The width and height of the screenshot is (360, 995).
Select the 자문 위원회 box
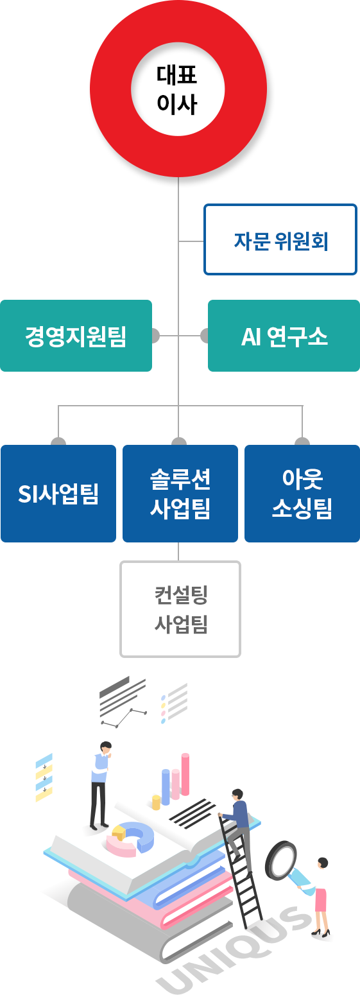click(280, 239)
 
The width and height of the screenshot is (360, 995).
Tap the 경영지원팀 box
click(76, 336)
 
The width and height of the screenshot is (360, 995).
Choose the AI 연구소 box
click(284, 336)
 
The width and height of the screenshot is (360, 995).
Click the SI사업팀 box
click(58, 494)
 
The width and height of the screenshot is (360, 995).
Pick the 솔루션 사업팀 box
click(180, 494)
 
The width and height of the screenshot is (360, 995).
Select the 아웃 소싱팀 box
click(302, 494)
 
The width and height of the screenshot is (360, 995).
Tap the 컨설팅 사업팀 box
click(180, 609)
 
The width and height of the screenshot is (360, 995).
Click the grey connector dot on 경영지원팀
click(155, 336)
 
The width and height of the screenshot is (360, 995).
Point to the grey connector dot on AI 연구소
click(205, 336)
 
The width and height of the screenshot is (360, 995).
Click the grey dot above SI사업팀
click(58, 442)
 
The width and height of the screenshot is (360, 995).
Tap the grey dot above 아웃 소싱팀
click(302, 442)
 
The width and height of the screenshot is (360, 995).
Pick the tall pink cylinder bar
click(185, 774)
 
